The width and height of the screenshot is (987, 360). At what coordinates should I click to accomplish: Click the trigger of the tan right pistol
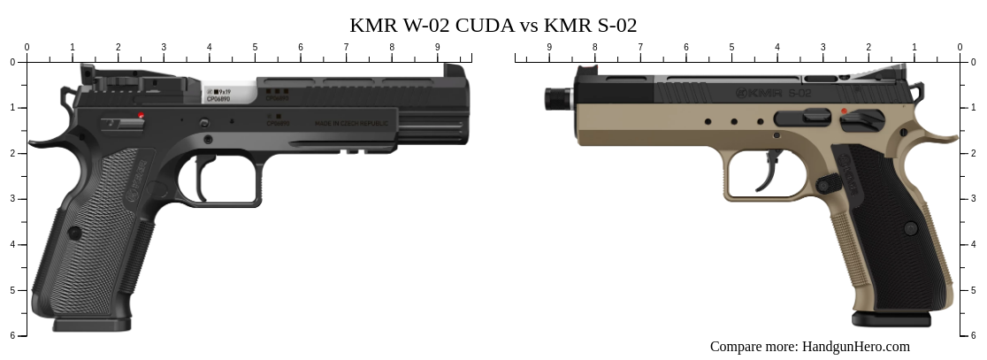click(771, 169)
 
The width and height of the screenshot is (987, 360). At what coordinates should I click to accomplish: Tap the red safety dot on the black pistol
click(141, 115)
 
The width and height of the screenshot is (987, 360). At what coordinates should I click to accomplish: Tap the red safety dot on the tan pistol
click(844, 111)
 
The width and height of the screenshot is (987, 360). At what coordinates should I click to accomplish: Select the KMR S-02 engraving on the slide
click(774, 92)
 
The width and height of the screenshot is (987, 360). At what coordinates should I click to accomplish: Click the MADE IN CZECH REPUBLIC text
click(351, 124)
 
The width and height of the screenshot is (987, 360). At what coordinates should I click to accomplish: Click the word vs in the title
click(529, 25)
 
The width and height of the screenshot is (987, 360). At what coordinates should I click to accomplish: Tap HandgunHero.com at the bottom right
click(855, 346)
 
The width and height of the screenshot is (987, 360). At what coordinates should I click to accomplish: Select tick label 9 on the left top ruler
click(437, 47)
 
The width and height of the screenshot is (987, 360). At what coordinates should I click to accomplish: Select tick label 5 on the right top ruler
click(731, 47)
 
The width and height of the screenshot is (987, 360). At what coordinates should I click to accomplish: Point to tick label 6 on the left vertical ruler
click(11, 335)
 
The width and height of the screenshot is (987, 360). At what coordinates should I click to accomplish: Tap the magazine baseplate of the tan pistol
click(891, 318)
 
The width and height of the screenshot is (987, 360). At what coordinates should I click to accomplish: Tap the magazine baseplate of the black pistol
click(92, 325)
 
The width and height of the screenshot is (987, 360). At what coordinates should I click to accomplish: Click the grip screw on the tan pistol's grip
click(910, 228)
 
